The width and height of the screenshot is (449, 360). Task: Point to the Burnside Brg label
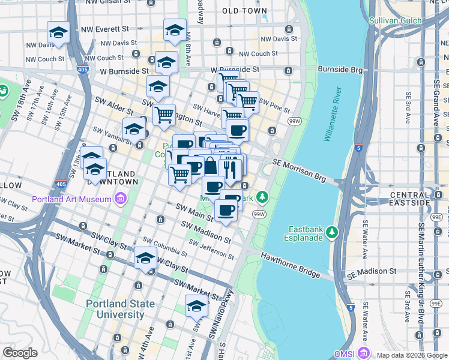pyautogui.click(x=340, y=70)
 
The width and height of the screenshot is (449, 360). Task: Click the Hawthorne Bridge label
pyautogui.click(x=290, y=265)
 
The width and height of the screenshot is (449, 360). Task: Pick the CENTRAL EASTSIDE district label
pyautogui.click(x=418, y=199)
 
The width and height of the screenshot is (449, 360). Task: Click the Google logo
pyautogui.click(x=20, y=353)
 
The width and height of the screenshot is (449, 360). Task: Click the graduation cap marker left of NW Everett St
pyautogui.click(x=59, y=32)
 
